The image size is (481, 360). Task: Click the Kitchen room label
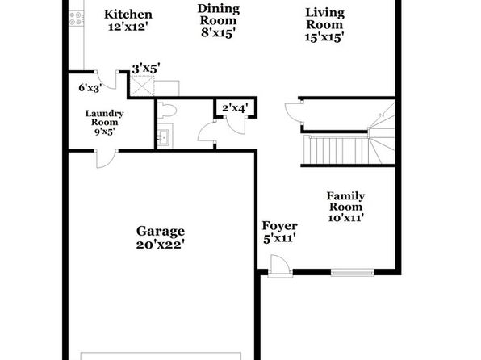tap(128, 15)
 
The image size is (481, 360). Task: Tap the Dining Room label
tap(219, 15)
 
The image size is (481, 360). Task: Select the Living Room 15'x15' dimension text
tap(324, 37)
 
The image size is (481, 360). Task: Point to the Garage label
tap(161, 232)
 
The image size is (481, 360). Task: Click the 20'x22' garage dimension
tap(161, 245)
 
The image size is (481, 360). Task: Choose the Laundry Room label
tap(105, 118)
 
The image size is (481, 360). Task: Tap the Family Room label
tap(345, 201)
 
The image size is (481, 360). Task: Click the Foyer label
tap(279, 226)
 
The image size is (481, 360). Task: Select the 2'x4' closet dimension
tap(235, 108)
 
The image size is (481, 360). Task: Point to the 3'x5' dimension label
tap(146, 69)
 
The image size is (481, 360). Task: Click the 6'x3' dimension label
tap(90, 88)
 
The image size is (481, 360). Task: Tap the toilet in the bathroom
tap(167, 110)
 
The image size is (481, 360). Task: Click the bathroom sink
tap(165, 136)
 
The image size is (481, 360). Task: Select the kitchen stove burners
tap(76, 18)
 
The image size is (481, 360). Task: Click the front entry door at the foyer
tap(280, 266)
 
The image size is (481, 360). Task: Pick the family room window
tap(353, 272)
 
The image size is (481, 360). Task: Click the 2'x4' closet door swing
tap(236, 124)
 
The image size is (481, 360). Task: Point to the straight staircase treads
tap(337, 150)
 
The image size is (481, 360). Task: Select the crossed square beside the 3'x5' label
tap(142, 86)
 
